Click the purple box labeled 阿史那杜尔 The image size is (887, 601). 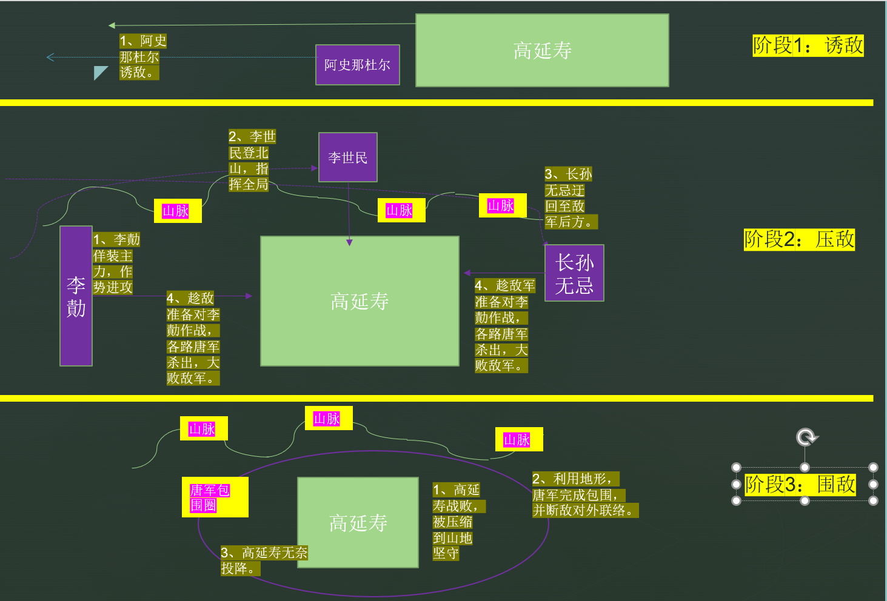(x=357, y=65)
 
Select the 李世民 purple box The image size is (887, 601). (x=348, y=158)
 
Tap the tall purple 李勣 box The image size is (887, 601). (x=76, y=296)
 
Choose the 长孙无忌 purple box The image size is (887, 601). (x=574, y=273)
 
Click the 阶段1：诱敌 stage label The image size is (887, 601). (x=808, y=45)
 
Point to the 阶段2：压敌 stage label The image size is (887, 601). (x=799, y=239)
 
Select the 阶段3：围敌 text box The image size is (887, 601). (x=800, y=485)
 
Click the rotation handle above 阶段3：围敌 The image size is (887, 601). (x=806, y=437)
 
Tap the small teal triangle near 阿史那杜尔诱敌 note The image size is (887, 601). (x=99, y=73)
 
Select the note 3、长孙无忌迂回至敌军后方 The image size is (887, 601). (x=569, y=198)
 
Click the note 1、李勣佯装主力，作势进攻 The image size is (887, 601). (x=115, y=264)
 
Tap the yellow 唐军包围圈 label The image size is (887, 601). (x=215, y=497)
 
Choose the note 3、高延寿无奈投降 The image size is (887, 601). (x=263, y=560)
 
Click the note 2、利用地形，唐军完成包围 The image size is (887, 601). (x=584, y=495)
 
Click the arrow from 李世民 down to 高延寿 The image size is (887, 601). (x=349, y=212)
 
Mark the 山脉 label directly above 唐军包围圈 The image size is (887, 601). (x=204, y=429)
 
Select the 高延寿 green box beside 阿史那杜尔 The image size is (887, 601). (x=542, y=50)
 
